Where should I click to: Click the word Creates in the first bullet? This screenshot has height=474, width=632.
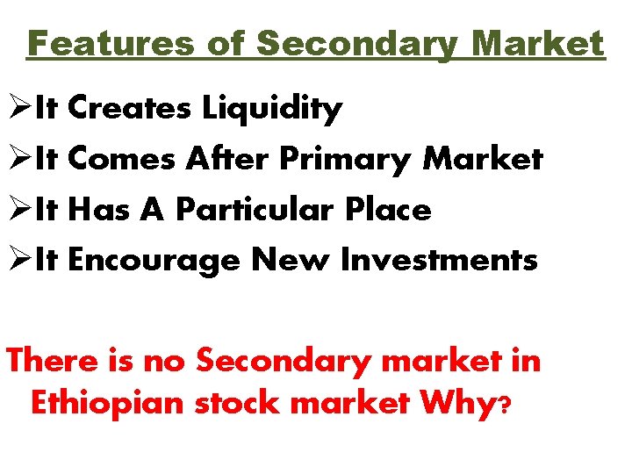(x=129, y=108)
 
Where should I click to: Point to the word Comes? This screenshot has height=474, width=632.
(x=122, y=159)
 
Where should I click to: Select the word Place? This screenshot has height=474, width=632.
(x=388, y=210)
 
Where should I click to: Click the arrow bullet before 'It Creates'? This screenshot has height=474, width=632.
(x=19, y=109)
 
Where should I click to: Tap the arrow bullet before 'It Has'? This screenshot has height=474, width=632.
(x=19, y=211)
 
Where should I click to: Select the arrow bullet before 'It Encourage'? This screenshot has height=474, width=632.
(x=19, y=261)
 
